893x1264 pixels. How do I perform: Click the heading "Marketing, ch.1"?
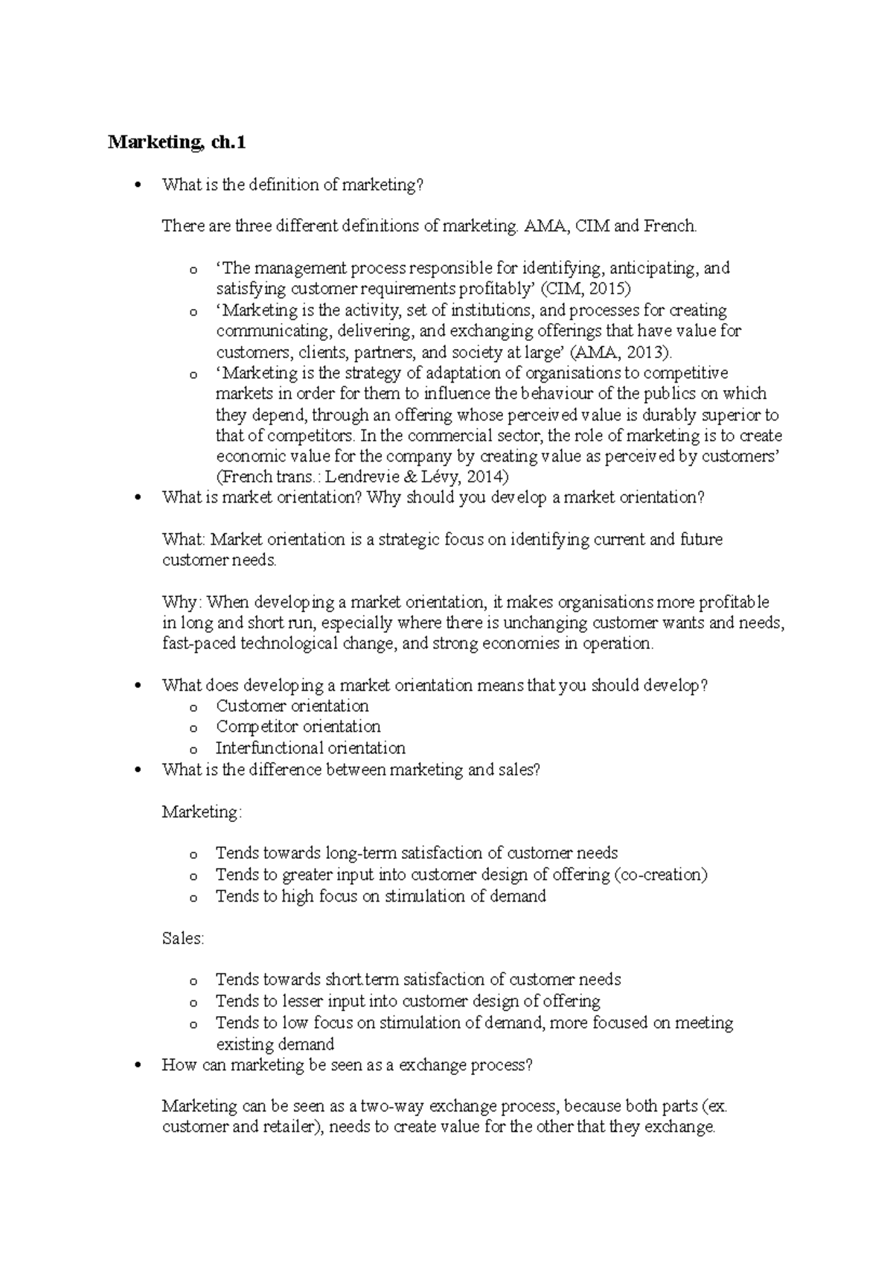pos(176,142)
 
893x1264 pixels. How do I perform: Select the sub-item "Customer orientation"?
pos(292,706)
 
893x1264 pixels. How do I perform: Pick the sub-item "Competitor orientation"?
pos(298,727)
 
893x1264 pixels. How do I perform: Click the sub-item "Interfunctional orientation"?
pos(310,748)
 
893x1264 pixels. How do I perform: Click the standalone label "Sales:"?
pos(183,939)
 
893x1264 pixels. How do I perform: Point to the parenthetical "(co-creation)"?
pos(661,875)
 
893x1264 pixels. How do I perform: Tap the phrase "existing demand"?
pos(275,1044)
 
